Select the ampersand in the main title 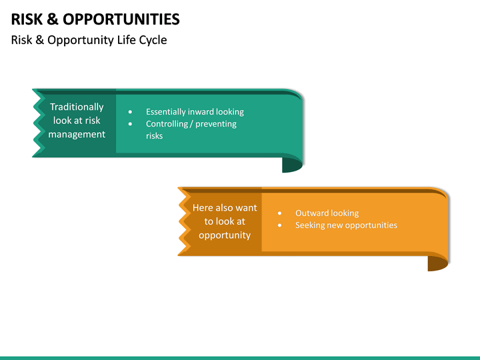click(56, 19)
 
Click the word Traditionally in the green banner click(77, 107)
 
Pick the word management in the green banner click(77, 134)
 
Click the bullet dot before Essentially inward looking click(130, 112)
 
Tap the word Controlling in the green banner click(167, 124)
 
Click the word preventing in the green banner click(216, 124)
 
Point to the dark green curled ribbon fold click(292, 164)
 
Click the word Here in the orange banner click(203, 208)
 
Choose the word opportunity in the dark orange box click(225, 235)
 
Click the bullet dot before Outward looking click(279, 213)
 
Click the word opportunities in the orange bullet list click(371, 225)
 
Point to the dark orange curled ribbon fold click(437, 263)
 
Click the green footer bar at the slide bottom click(240, 357)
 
